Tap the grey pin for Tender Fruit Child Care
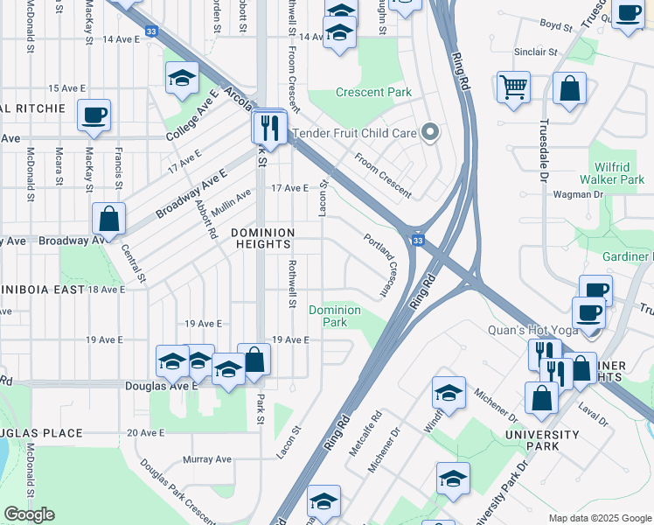click(x=429, y=133)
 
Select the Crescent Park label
click(x=373, y=92)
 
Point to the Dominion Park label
click(x=335, y=316)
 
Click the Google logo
click(x=29, y=514)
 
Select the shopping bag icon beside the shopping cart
click(x=569, y=89)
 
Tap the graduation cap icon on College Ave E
click(x=183, y=80)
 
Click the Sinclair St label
click(x=536, y=52)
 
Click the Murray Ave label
click(x=207, y=458)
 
